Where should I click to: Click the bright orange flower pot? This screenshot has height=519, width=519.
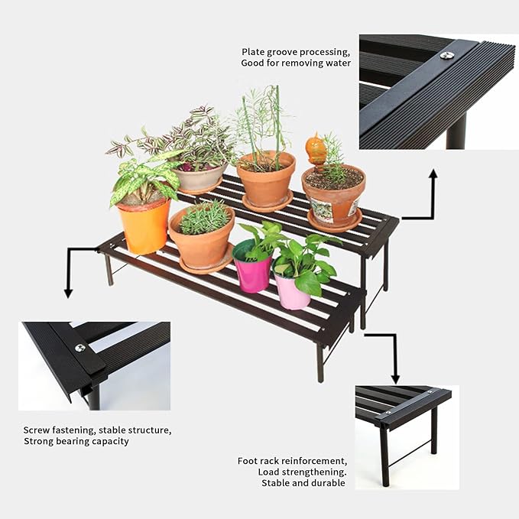click(144, 225)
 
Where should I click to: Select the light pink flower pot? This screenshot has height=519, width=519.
click(292, 290)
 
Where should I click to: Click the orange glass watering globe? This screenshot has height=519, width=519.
click(316, 148)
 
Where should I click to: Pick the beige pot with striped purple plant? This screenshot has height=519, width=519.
click(200, 179)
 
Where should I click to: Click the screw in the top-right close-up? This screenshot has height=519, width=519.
click(447, 55)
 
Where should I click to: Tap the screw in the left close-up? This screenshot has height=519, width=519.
click(80, 348)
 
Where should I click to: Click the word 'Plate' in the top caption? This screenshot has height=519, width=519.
click(254, 52)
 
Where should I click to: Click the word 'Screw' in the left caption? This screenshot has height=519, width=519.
click(37, 430)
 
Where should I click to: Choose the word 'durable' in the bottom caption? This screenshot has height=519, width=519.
click(328, 482)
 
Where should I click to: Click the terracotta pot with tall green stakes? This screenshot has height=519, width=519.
click(266, 181)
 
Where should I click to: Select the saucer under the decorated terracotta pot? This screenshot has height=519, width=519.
click(334, 222)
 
